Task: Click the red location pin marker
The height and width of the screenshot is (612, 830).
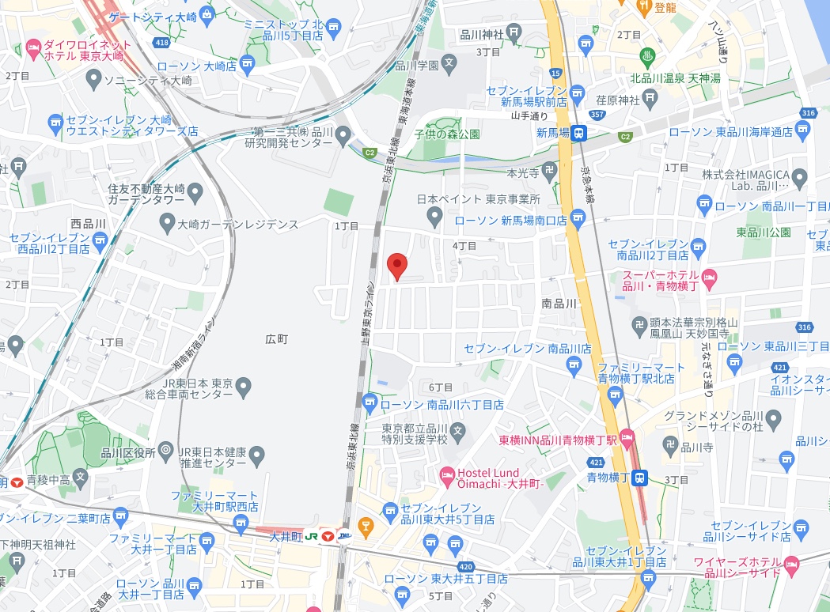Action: [x=396, y=266]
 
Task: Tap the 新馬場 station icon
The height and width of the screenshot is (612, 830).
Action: [x=580, y=133]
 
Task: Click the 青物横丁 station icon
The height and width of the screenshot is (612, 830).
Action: [x=642, y=477]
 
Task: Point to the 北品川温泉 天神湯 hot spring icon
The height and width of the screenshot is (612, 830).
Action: [x=646, y=57]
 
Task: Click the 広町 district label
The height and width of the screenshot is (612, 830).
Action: [x=276, y=338]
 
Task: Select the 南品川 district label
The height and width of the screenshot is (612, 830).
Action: [x=559, y=303]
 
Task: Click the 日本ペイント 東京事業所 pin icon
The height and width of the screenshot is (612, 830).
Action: [x=433, y=215]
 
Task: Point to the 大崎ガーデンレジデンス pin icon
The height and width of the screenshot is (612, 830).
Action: [x=166, y=225]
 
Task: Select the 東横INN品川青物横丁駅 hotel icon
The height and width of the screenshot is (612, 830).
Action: [x=627, y=436]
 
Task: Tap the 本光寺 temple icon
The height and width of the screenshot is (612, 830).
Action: [x=552, y=172]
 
